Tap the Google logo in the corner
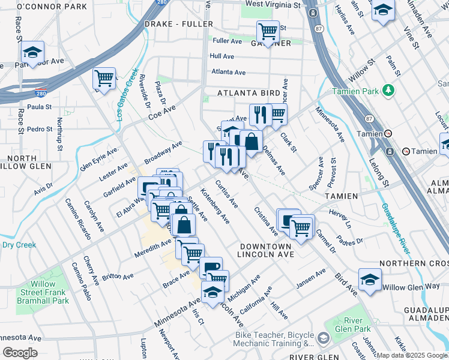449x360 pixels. coord(20,353)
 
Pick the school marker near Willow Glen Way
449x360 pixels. coord(370,280)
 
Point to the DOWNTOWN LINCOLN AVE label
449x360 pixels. coord(265,251)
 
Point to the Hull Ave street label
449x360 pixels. coord(221,56)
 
